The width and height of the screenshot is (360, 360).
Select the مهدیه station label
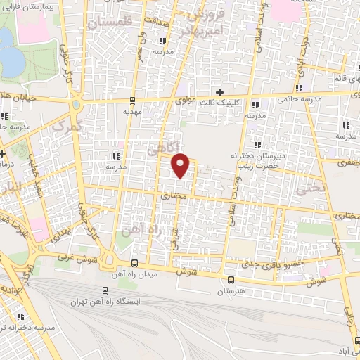click(133, 111)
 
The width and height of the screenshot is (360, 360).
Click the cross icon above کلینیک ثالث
click(219, 92)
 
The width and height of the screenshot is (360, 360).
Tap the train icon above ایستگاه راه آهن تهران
click(105, 290)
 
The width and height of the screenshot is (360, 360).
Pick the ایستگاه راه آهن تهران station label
click(105, 302)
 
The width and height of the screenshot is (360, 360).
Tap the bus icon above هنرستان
click(230, 279)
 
